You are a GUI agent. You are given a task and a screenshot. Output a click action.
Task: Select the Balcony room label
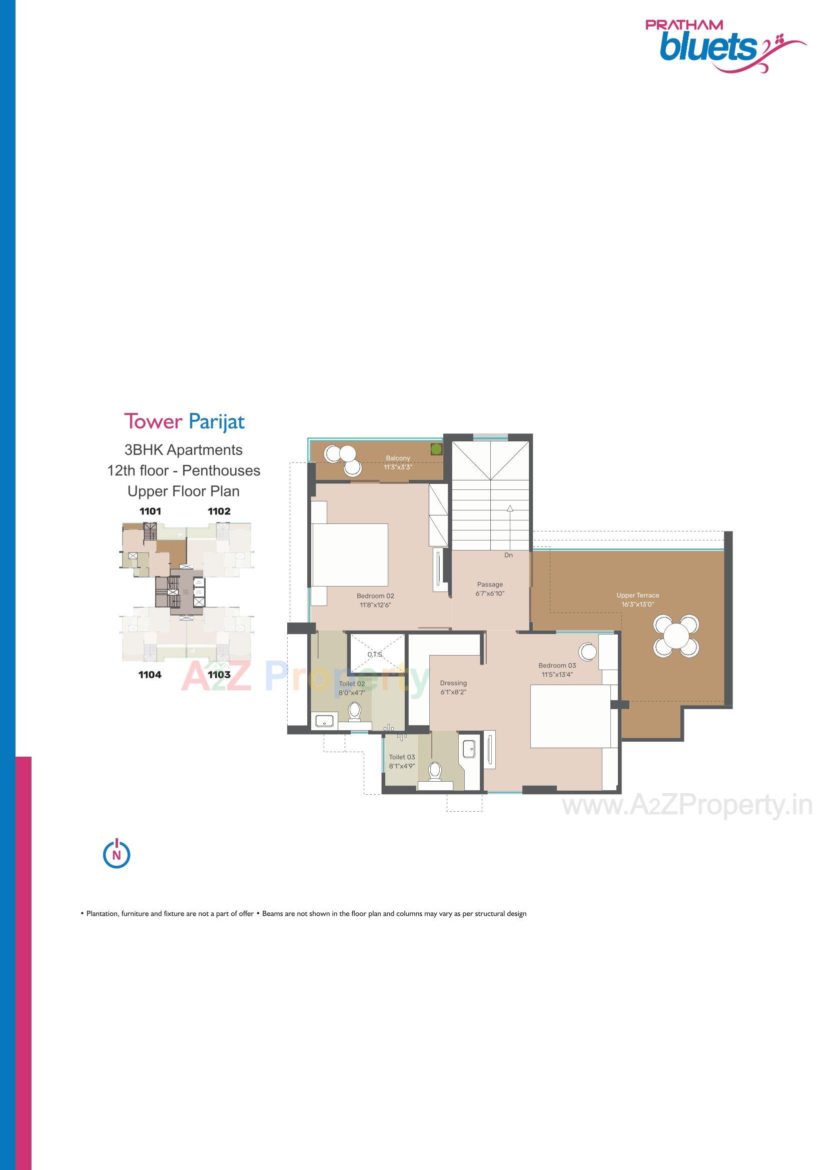[397, 458]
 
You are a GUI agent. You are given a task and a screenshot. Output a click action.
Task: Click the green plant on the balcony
[436, 449]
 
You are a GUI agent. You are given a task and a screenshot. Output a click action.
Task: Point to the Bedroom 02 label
[375, 596]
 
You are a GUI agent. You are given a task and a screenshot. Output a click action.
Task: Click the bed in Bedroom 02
[350, 555]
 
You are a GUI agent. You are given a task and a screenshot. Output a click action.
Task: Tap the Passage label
[490, 584]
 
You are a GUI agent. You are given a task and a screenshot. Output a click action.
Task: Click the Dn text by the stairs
[508, 555]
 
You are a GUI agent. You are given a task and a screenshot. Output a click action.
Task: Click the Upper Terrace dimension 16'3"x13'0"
[637, 605]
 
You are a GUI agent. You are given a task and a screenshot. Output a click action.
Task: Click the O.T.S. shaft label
[375, 654]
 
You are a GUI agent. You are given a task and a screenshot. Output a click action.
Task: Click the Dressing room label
[453, 683]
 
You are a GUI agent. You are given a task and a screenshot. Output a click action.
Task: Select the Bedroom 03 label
[557, 666]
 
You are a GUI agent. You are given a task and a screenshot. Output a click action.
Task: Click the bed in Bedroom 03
[570, 716]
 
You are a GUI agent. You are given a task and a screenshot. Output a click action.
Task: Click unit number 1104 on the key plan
[150, 675]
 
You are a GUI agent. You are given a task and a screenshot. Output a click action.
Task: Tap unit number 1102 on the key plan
[219, 511]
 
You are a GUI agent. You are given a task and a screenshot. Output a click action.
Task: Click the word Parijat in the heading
[217, 422]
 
